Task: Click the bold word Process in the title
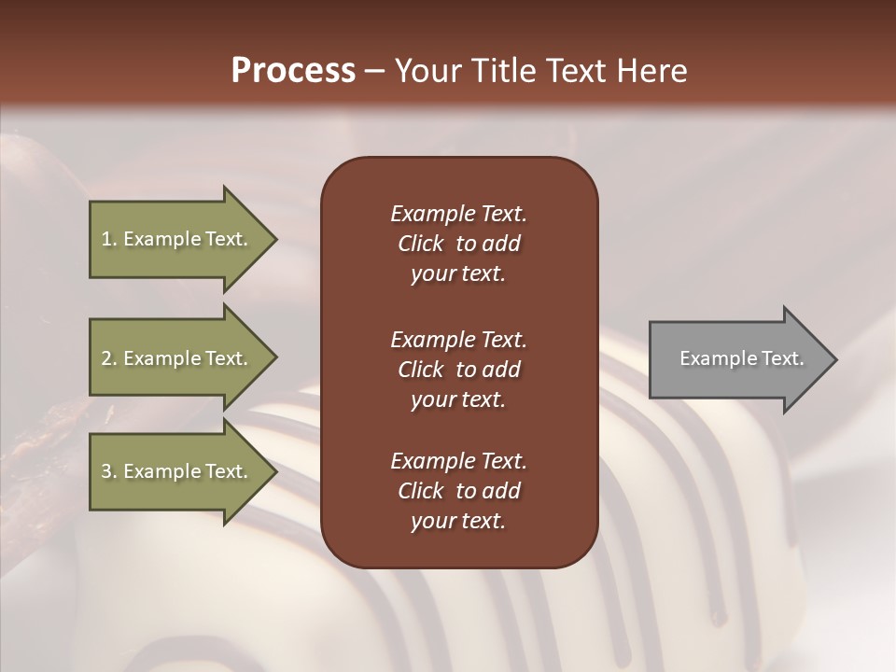click(x=293, y=71)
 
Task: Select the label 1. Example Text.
click(x=175, y=239)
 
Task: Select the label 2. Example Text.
click(x=175, y=358)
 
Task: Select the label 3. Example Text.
click(x=175, y=471)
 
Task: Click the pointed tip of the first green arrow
click(x=275, y=239)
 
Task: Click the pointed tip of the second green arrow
click(x=275, y=357)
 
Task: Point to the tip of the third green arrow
click(x=275, y=471)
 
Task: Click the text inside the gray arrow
click(x=742, y=358)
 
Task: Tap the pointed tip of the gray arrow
click(x=835, y=358)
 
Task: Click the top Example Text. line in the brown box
click(x=458, y=214)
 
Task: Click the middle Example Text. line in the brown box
click(x=458, y=339)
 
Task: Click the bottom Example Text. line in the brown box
click(x=458, y=461)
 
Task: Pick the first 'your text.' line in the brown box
click(x=458, y=274)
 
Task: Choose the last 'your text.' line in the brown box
click(x=458, y=521)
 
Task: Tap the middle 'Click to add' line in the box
click(x=458, y=370)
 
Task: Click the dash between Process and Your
click(x=375, y=71)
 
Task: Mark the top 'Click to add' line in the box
click(x=458, y=244)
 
